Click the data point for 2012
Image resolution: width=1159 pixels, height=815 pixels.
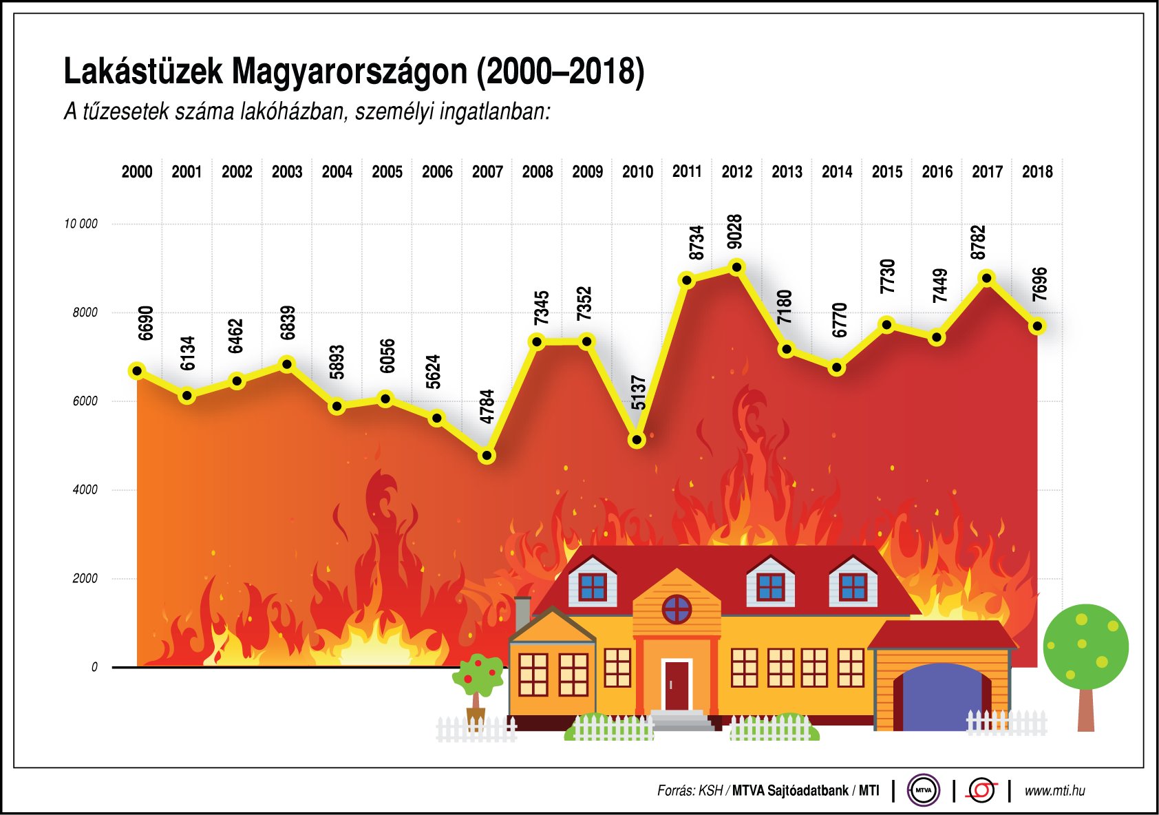[736, 267]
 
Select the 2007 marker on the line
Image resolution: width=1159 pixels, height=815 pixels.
[487, 456]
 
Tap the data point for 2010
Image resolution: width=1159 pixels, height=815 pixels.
[637, 439]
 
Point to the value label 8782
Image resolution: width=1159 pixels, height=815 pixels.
[978, 242]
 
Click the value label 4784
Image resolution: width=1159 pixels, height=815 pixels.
[487, 407]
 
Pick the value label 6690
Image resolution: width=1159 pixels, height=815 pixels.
[145, 323]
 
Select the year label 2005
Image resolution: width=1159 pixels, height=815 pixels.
[387, 171]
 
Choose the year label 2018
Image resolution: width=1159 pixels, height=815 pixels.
[1036, 171]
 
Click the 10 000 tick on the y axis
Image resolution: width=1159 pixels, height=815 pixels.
[81, 224]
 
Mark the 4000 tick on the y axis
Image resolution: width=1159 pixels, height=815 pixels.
[85, 489]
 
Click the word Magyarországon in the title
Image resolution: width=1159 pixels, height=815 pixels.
[349, 72]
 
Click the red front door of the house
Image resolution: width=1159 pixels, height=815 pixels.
[675, 685]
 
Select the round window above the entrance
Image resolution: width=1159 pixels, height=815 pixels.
[677, 609]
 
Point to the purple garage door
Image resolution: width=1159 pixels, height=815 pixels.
[940, 699]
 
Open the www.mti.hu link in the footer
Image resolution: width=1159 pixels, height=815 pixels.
[1054, 791]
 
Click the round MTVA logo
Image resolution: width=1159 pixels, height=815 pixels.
[923, 790]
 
